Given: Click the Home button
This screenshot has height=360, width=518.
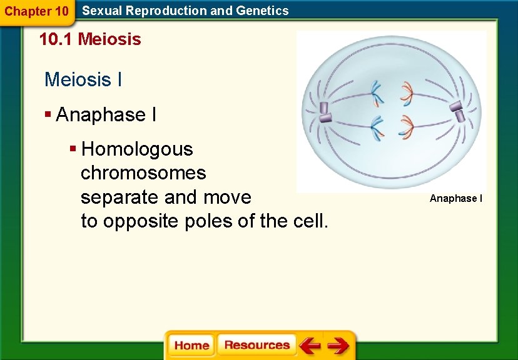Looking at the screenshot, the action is (x=191, y=346).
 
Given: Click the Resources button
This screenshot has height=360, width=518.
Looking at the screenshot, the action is (x=256, y=346).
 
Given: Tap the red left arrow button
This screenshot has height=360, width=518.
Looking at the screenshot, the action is (x=310, y=346).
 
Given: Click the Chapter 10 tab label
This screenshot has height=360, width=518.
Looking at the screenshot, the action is (x=36, y=11).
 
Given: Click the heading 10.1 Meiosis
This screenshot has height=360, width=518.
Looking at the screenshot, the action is (x=90, y=40).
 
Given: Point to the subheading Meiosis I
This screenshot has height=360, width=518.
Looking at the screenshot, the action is (x=83, y=80).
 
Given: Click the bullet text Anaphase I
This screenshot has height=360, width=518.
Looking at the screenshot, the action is (x=106, y=115).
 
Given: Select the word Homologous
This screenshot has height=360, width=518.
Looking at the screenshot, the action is (x=137, y=149).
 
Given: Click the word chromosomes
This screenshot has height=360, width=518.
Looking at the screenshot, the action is (x=143, y=173).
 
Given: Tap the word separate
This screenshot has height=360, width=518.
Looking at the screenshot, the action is (x=119, y=197).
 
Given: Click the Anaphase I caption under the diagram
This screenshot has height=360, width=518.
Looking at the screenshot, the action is (x=456, y=199).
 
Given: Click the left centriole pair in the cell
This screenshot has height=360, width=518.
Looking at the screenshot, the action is (x=325, y=111).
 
